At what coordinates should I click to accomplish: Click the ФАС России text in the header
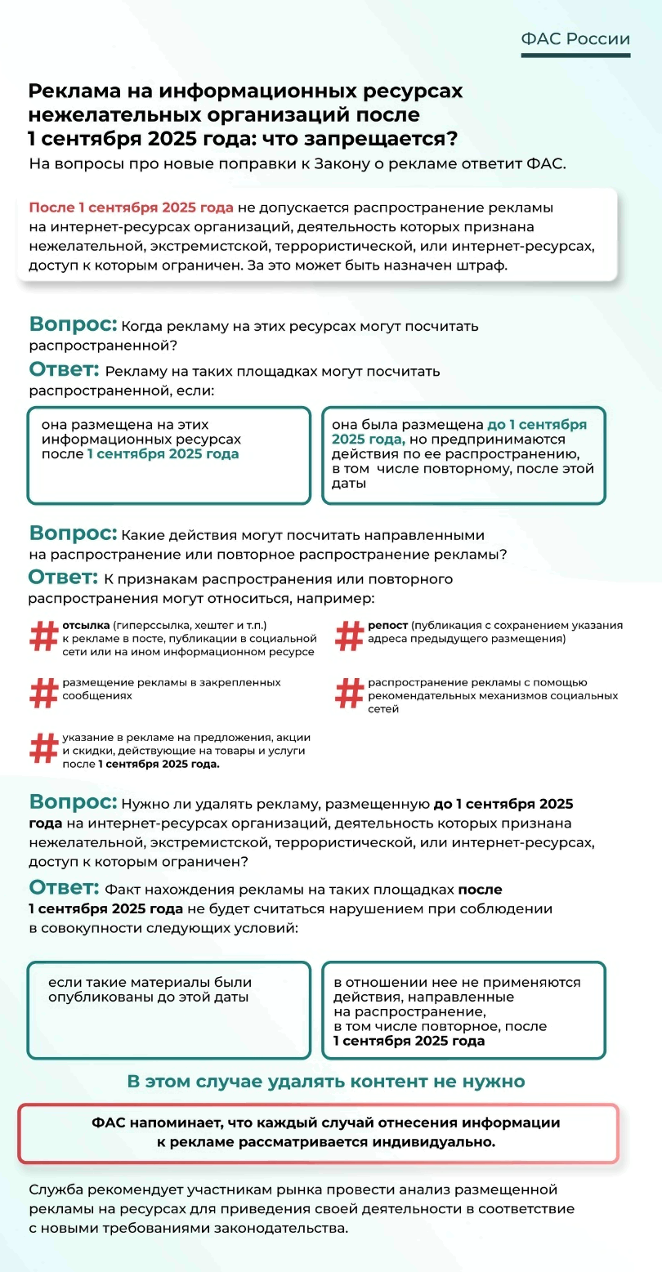pyautogui.click(x=575, y=39)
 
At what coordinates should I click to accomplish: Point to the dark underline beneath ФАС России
pyautogui.click(x=575, y=56)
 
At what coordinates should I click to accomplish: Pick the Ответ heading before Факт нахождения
pyautogui.click(x=64, y=888)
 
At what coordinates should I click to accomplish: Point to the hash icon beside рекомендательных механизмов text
pyautogui.click(x=349, y=694)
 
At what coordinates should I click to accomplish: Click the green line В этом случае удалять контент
pyautogui.click(x=325, y=1081)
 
